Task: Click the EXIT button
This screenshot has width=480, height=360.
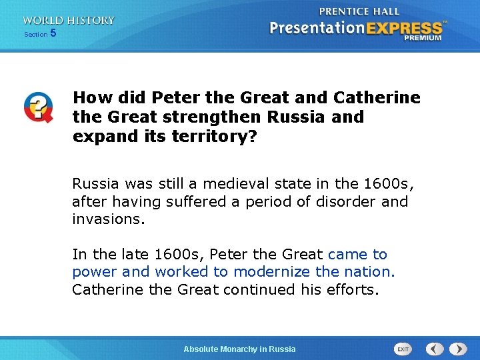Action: point(403,349)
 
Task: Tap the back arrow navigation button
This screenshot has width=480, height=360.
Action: point(435,349)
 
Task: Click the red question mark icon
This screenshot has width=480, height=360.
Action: point(38,107)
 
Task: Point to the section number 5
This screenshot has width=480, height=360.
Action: point(53,33)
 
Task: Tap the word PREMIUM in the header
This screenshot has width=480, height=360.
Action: point(423,38)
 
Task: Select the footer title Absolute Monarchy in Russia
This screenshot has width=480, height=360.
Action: point(239,349)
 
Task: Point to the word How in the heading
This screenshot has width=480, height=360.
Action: point(89,97)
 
